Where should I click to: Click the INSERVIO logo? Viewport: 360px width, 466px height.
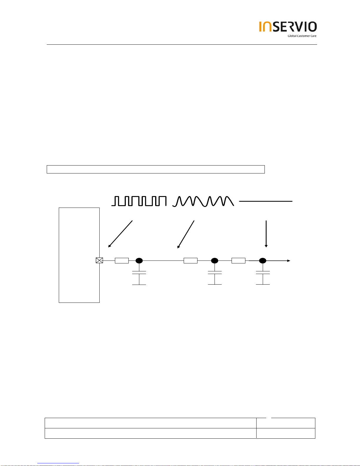coord(288,26)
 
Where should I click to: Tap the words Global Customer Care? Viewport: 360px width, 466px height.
coord(302,36)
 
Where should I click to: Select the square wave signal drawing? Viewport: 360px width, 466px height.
coord(139,201)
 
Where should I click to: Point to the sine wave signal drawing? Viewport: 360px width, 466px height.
coord(203,201)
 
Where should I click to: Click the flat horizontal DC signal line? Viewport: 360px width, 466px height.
coord(266,201)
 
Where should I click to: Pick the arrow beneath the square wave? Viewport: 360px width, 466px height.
coord(120,234)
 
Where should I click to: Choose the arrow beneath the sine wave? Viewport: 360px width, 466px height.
coord(186,234)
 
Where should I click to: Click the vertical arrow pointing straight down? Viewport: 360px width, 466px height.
coord(266,234)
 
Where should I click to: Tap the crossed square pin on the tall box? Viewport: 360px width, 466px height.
coord(99,260)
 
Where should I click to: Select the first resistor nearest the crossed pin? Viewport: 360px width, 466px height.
coord(122,260)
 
